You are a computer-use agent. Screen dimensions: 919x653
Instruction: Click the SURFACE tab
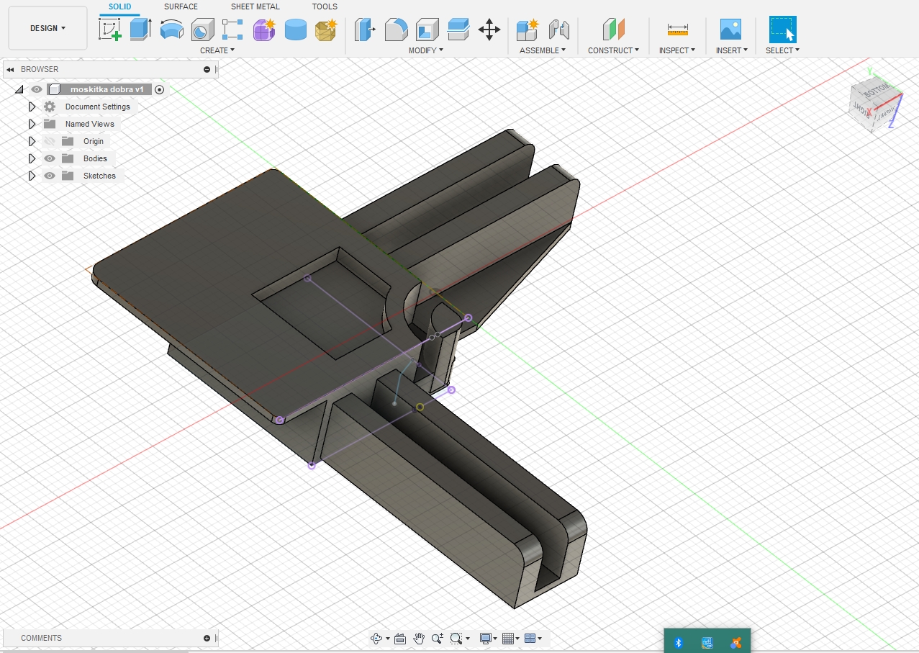click(x=181, y=6)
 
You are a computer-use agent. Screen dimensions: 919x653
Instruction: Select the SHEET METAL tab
click(x=255, y=6)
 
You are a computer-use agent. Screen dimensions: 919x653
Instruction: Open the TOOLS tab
click(x=324, y=6)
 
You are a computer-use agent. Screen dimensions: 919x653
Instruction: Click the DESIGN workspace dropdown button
click(x=47, y=28)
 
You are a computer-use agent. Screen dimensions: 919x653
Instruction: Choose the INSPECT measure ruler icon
click(x=677, y=30)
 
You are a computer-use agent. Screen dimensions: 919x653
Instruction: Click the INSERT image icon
click(x=730, y=30)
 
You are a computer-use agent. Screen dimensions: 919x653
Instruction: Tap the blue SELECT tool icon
click(x=782, y=30)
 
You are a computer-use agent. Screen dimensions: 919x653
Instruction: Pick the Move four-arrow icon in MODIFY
click(x=489, y=30)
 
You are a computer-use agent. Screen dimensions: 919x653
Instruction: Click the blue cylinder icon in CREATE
click(x=295, y=30)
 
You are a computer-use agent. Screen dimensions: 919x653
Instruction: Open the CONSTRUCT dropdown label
click(x=613, y=50)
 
